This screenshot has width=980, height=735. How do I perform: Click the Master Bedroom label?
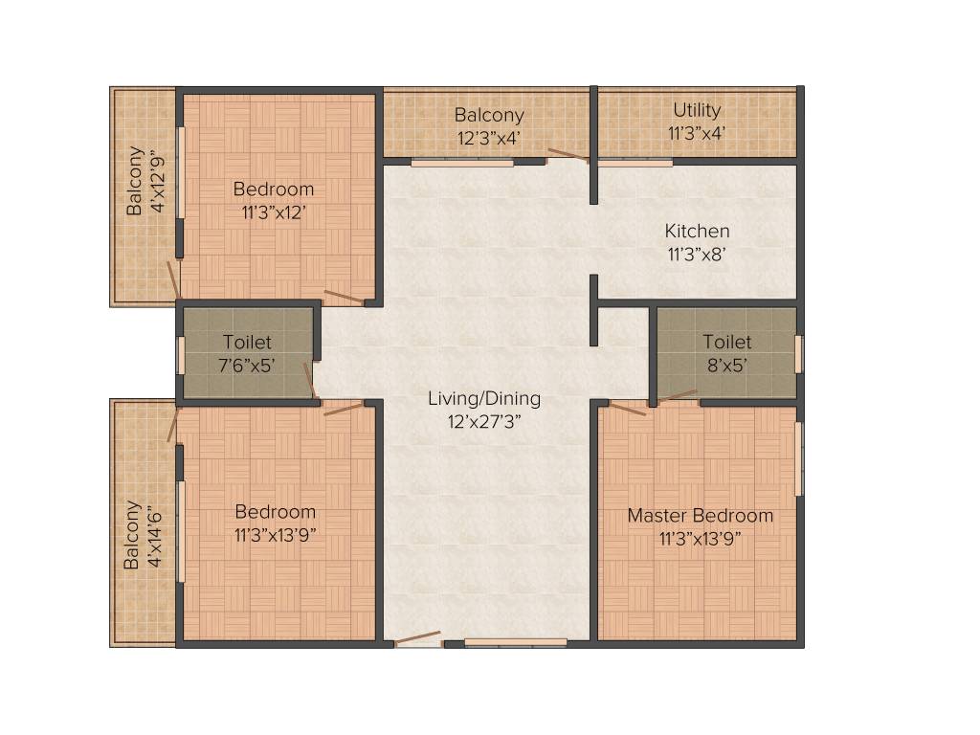[700, 516]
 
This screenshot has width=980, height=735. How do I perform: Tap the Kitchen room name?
[697, 232]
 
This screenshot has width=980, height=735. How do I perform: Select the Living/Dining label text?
[484, 399]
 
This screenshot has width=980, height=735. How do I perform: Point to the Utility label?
[697, 110]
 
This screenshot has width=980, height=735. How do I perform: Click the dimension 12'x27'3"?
[484, 420]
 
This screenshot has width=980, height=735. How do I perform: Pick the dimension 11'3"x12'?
[274, 212]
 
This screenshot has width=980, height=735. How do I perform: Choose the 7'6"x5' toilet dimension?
[247, 364]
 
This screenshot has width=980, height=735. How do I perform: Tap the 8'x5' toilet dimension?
[727, 364]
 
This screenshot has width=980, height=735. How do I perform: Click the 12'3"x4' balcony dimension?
[489, 138]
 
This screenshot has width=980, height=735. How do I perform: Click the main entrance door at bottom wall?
[418, 638]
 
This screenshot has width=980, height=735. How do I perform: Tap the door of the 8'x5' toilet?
[678, 393]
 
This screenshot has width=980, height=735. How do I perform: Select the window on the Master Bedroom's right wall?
[800, 458]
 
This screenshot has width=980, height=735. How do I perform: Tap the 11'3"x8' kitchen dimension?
[697, 255]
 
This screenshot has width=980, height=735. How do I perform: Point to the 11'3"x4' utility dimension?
[697, 134]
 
